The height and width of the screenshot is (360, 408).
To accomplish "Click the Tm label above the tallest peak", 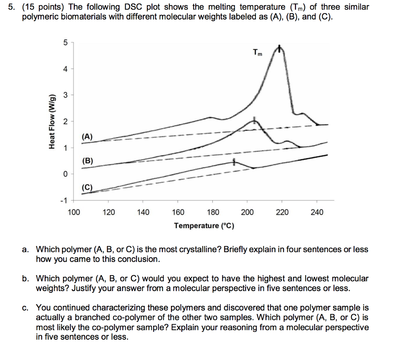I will coord(258,52).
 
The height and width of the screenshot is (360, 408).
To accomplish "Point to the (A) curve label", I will coord(87,137).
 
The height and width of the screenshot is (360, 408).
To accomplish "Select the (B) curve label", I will coord(87,161).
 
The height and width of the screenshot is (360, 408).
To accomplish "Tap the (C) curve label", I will coord(87,187).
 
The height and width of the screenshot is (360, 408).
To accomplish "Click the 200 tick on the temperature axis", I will coord(247,212).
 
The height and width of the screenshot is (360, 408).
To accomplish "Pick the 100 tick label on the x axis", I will coord(74,212).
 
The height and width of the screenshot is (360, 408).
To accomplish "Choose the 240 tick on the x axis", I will coord(317,212).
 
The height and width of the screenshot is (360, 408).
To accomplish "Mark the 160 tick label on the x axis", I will coord(178,212).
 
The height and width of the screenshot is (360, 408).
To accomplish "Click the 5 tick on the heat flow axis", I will coord(65,43).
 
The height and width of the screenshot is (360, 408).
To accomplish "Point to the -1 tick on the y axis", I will coord(64,200).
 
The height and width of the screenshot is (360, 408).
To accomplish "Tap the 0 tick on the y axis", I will coord(65,174).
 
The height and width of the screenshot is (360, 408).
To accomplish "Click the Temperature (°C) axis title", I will coord(204,226).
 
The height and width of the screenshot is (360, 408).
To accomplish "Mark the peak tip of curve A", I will coord(280,49).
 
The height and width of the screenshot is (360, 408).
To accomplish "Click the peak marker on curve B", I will coord(255,120).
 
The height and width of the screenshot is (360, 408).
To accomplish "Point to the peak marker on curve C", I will coord(234,161).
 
